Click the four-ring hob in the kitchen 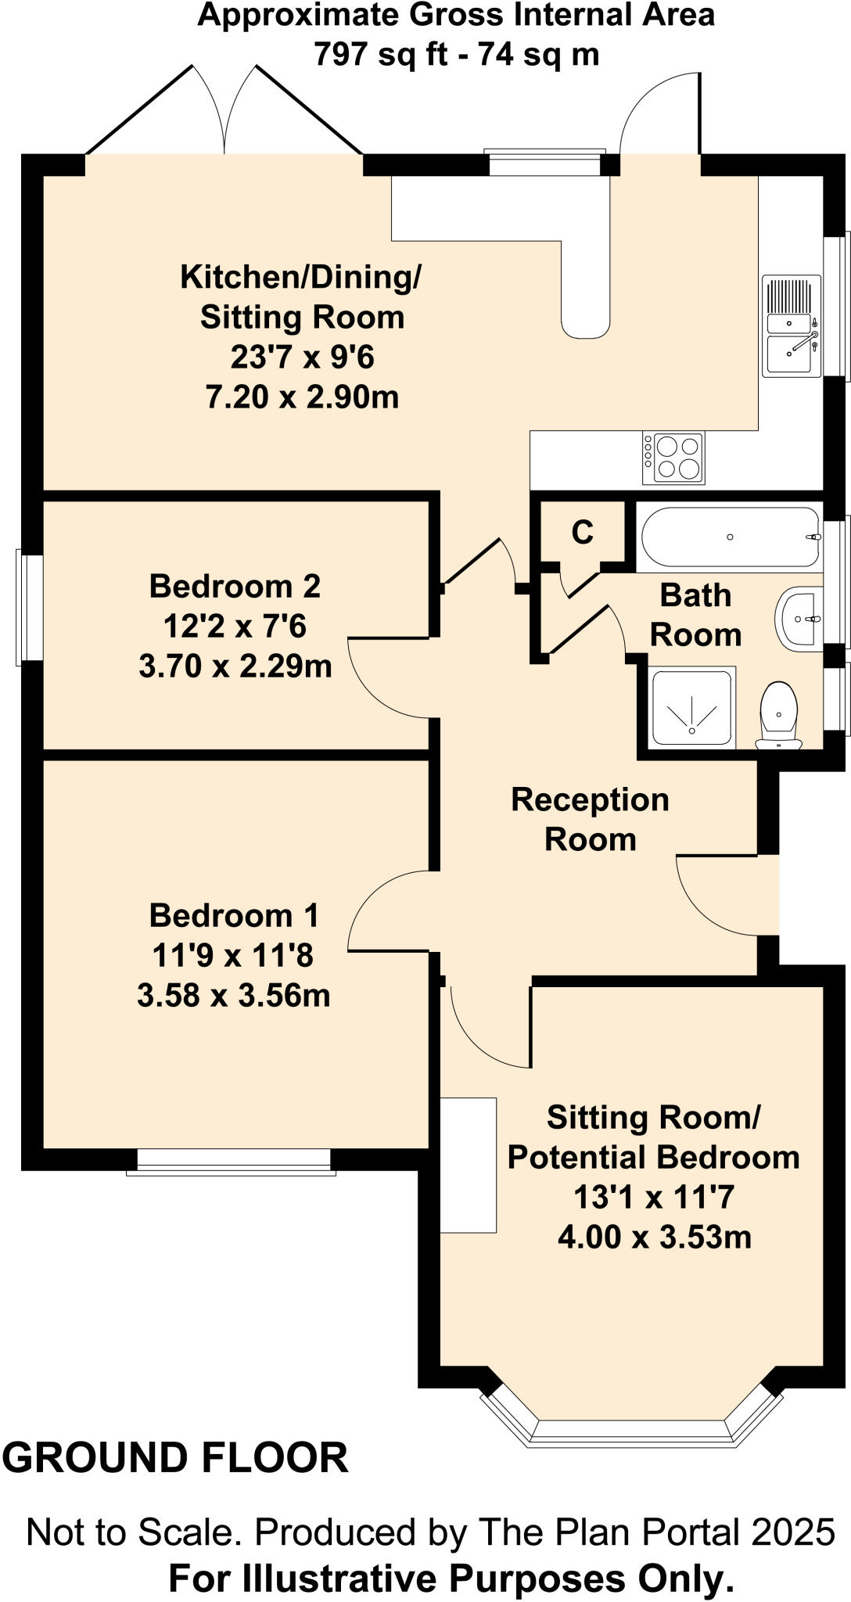[673, 458]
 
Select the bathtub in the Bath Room [729, 537]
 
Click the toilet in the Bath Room [778, 715]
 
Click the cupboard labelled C [582, 533]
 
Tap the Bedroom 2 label [235, 586]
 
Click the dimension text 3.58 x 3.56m [233, 996]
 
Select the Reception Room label [590, 819]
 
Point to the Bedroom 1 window [232, 1162]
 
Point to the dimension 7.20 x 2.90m [302, 397]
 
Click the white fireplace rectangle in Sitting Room [469, 1165]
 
